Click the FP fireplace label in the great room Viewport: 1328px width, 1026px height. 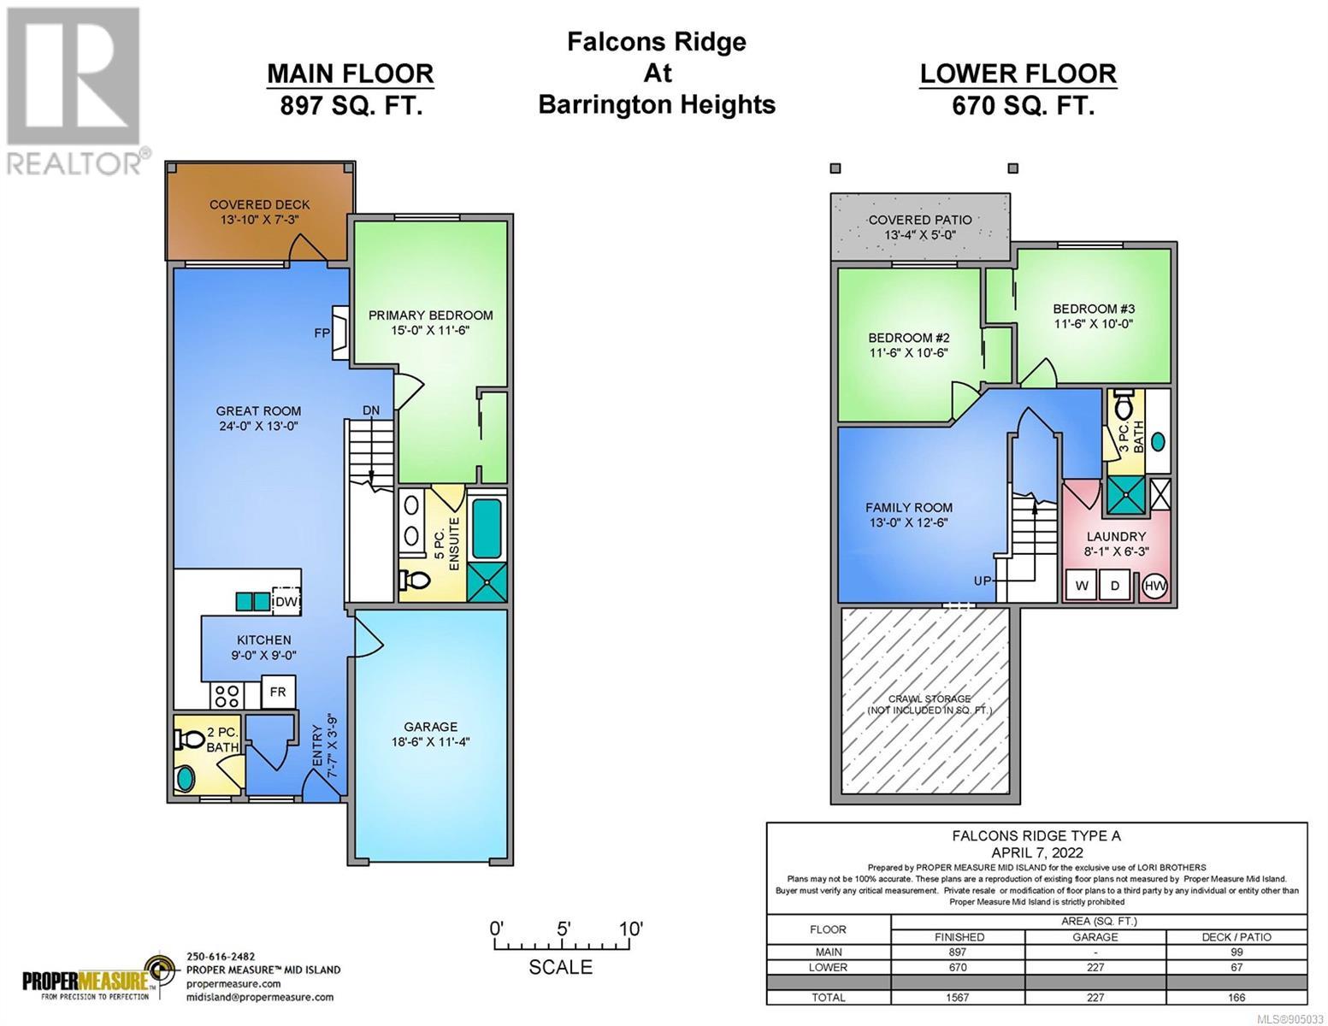(x=322, y=333)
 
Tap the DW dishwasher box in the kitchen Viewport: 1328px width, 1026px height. (x=286, y=601)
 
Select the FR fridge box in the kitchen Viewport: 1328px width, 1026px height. (x=278, y=692)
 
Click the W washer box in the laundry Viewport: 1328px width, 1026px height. (x=1081, y=586)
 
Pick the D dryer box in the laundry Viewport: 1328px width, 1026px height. (x=1115, y=586)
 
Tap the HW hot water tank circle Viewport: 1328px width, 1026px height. (x=1154, y=586)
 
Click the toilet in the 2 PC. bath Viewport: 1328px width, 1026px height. (x=190, y=740)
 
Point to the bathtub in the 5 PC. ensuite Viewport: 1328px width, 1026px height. (x=487, y=528)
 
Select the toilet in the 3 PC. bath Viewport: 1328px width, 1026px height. (x=1124, y=405)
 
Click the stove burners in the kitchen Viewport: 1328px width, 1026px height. (x=227, y=696)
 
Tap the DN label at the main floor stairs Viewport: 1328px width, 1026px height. (x=371, y=410)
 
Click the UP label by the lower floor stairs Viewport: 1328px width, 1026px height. (x=982, y=581)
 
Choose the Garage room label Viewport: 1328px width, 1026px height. (x=430, y=727)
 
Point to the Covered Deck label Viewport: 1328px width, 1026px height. (x=259, y=204)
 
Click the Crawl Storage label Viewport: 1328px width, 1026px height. (x=929, y=699)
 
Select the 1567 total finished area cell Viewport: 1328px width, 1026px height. (x=958, y=997)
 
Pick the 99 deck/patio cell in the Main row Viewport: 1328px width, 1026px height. (x=1237, y=952)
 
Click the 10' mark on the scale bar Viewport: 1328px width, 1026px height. (x=631, y=929)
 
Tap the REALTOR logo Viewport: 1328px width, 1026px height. (x=76, y=91)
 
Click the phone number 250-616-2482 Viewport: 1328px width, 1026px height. (x=221, y=957)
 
